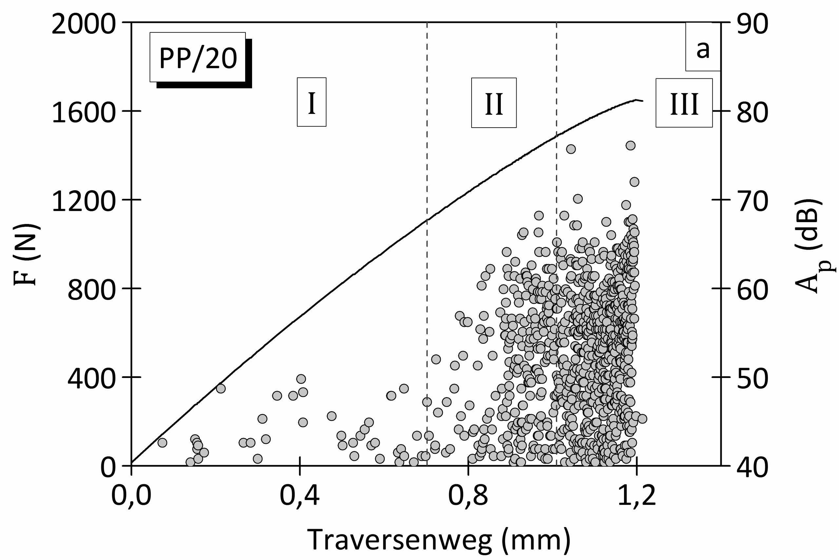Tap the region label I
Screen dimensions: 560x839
(311, 102)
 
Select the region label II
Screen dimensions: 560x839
(494, 103)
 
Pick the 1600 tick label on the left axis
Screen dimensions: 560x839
(84, 112)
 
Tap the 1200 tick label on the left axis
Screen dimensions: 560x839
(84, 200)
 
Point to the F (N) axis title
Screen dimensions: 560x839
(27, 254)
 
